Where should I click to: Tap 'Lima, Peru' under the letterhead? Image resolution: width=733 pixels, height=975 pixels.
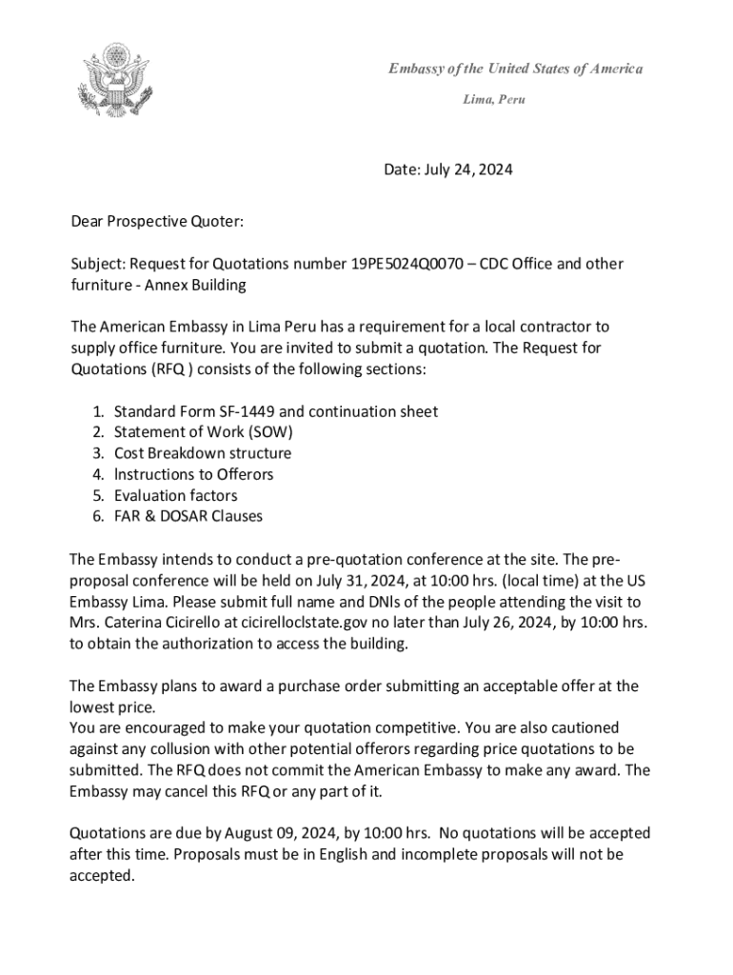tap(494, 99)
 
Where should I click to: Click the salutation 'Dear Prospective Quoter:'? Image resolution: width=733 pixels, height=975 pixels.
tap(157, 222)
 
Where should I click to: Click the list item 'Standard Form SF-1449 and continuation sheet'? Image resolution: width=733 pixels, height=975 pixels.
tap(276, 411)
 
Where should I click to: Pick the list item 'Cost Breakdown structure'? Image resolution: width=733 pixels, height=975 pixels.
tap(203, 453)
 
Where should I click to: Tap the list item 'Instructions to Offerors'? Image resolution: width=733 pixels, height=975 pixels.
tap(193, 474)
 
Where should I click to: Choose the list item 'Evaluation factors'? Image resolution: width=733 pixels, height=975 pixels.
tap(176, 495)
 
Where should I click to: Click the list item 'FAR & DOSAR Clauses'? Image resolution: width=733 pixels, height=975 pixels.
tap(188, 516)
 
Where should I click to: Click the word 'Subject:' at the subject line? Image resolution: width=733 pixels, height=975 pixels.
tap(98, 264)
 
